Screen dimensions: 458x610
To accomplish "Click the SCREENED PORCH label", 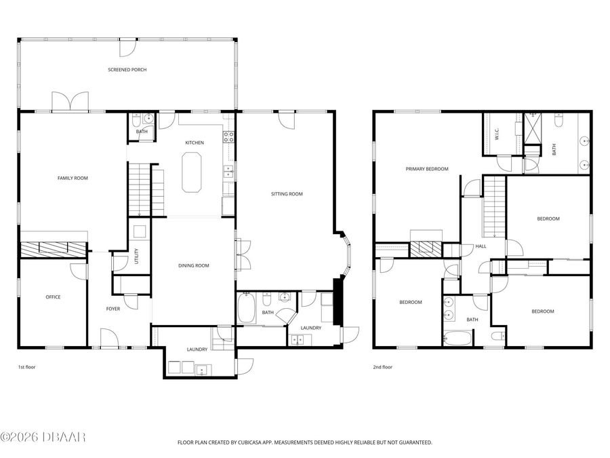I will click(x=127, y=70).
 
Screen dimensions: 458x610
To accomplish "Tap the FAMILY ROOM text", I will click(x=73, y=178).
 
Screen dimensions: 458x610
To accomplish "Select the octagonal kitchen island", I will click(x=192, y=172).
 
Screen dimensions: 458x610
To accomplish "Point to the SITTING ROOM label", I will click(x=286, y=194).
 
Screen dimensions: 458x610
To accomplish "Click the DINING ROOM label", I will click(x=194, y=265).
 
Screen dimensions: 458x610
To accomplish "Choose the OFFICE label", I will click(x=53, y=297).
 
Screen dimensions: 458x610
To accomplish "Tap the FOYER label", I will click(x=113, y=309).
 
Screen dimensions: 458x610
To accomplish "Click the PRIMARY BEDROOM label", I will click(x=427, y=169).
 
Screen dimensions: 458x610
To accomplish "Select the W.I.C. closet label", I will click(x=497, y=134).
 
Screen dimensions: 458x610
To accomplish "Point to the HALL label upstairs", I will click(x=481, y=246).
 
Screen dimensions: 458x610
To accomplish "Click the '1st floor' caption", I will click(x=26, y=367).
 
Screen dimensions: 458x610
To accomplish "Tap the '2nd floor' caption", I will click(x=382, y=367).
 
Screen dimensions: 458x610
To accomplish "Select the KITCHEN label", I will click(x=195, y=142).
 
